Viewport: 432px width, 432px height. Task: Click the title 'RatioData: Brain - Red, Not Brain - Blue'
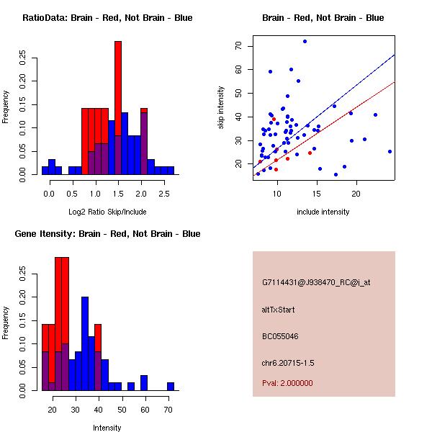107,18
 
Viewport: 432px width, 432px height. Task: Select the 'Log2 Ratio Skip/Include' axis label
108,211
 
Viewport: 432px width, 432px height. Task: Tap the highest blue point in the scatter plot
305,41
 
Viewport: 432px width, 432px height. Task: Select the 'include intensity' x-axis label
323,212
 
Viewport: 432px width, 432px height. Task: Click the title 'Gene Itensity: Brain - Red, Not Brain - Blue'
107,234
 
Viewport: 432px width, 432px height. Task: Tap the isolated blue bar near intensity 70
171,386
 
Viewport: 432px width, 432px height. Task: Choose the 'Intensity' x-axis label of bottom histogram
107,428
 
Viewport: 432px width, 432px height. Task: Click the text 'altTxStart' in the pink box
278,310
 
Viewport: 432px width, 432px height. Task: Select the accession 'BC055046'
280,336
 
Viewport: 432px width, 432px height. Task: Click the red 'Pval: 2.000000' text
287,383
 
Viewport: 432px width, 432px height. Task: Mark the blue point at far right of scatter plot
390,151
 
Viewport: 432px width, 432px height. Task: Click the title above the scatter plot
323,18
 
